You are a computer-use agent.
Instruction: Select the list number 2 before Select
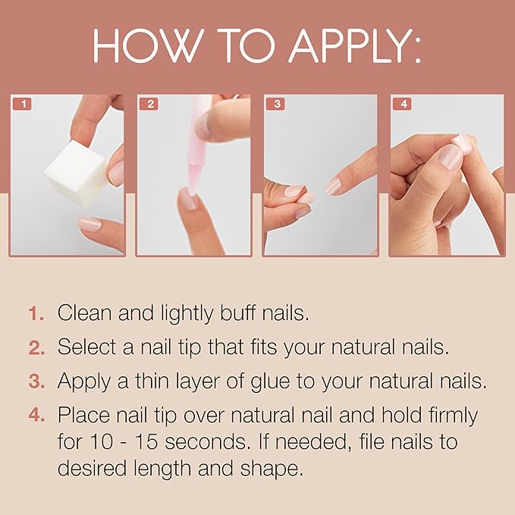[36, 348]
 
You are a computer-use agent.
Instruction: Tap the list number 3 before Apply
[36, 382]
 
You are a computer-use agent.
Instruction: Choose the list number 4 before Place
[36, 416]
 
